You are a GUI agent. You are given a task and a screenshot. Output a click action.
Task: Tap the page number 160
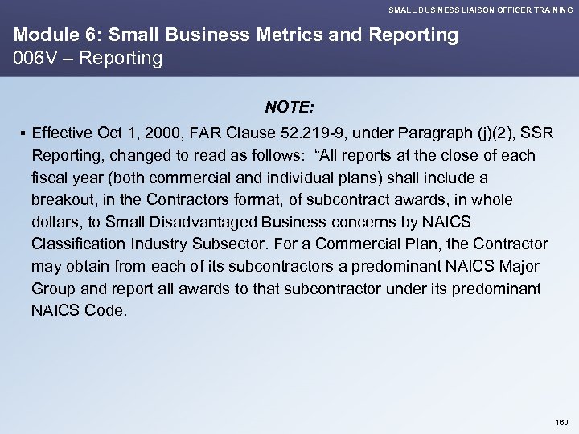tap(561, 421)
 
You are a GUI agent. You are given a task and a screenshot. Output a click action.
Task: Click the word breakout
tap(63, 199)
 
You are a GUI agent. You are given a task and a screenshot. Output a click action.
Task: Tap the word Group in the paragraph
tap(52, 288)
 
